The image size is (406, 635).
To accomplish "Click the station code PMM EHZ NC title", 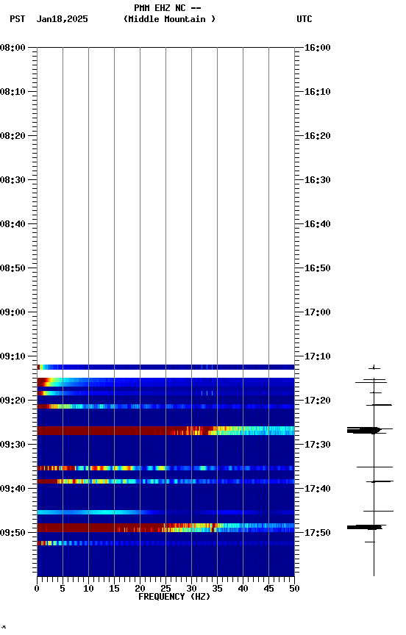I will click(x=167, y=8).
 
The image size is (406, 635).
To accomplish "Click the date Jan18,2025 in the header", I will click(x=62, y=19).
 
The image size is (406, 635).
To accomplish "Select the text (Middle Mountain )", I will click(x=170, y=19).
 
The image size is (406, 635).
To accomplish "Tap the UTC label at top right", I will click(x=304, y=19).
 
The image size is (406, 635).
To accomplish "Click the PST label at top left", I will click(x=18, y=19).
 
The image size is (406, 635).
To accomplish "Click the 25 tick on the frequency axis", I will click(x=165, y=588).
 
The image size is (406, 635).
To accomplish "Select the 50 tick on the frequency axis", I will click(x=294, y=588).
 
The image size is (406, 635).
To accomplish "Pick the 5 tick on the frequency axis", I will click(x=63, y=588).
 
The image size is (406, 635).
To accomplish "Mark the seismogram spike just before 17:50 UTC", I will click(x=363, y=527).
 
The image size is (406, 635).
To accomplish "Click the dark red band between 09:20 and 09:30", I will click(x=110, y=430).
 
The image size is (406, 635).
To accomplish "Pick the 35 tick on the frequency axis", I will click(x=217, y=588).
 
